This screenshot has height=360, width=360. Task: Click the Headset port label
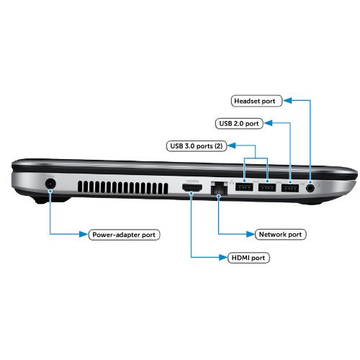[256, 101]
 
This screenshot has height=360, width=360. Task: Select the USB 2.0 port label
[239, 124]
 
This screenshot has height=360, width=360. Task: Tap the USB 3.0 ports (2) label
[197, 146]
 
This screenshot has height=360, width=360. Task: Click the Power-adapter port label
[124, 235]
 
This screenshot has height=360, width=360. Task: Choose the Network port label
[280, 235]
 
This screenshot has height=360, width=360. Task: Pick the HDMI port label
[248, 258]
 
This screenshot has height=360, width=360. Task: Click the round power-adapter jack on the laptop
[50, 184]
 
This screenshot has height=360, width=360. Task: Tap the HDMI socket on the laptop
[192, 188]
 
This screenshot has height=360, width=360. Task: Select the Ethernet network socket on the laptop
[219, 189]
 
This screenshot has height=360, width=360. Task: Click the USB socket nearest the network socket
[244, 187]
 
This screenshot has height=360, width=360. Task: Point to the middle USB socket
[267, 187]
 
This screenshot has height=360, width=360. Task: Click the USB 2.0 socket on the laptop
[290, 188]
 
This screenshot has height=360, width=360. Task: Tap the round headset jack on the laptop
[310, 188]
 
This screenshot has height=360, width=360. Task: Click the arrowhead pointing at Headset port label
[287, 101]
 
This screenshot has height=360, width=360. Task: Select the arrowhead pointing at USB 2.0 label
[268, 123]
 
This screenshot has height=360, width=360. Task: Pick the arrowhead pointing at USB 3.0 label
[232, 145]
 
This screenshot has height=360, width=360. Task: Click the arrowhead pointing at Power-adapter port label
[84, 234]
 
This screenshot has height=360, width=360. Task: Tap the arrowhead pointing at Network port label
[251, 234]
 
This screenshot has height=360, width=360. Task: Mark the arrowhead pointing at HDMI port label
[223, 258]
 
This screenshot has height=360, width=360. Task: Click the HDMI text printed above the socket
[192, 181]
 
